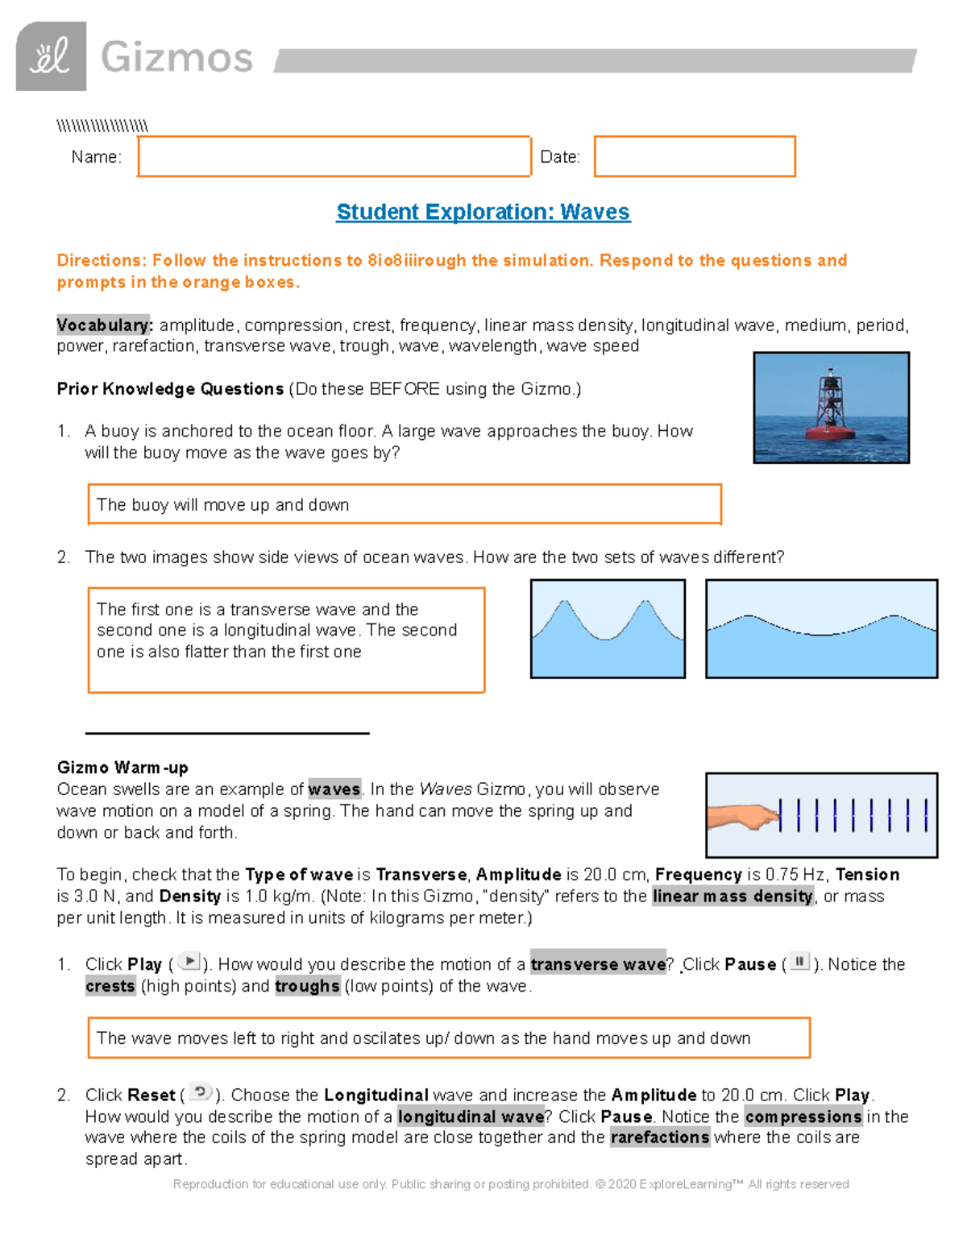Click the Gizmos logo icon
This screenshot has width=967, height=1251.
point(51,56)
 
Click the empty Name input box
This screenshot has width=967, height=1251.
point(334,156)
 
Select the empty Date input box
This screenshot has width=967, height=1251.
point(695,156)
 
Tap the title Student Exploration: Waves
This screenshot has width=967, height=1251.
point(483,212)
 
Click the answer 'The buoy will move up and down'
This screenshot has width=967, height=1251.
point(223,505)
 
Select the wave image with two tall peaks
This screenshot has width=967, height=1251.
point(608,628)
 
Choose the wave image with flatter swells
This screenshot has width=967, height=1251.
point(821,628)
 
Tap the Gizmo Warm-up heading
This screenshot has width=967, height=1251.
point(122,768)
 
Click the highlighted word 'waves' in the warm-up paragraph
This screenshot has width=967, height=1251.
point(334,789)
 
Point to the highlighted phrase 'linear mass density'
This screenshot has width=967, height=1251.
point(733,897)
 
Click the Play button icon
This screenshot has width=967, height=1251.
point(189,962)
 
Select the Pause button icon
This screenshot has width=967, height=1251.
point(799,962)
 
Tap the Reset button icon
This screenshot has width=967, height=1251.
point(200,1093)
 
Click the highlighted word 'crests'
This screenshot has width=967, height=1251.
point(110,986)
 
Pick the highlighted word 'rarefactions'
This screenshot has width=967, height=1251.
point(660,1137)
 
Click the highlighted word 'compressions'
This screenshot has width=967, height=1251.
point(803,1116)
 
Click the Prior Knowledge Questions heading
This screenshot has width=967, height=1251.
point(170,389)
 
